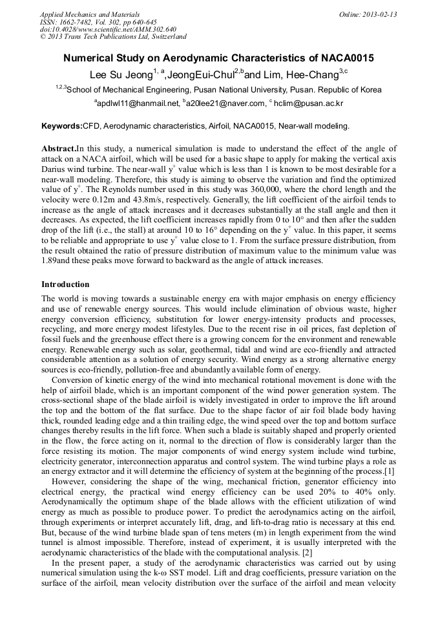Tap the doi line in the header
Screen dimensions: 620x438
[x=107, y=29]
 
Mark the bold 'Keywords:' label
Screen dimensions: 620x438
[x=62, y=125]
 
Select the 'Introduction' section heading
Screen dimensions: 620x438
[x=65, y=284]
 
